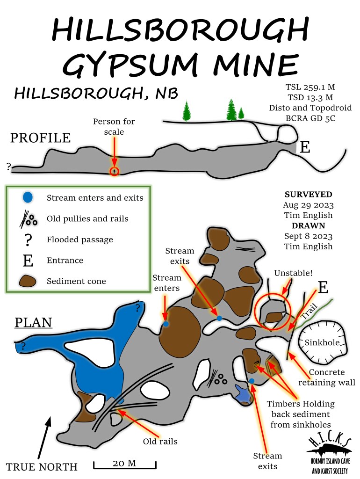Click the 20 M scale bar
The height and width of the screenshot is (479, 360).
coord(124,465)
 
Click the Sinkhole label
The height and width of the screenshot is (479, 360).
coord(322,342)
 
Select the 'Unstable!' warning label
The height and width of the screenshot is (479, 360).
coord(293,272)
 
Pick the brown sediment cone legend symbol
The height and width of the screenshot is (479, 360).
coord(29,281)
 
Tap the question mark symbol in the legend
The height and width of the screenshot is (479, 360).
coord(28,239)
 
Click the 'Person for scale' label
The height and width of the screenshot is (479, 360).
coord(114,127)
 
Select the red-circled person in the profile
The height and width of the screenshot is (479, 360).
coord(114,171)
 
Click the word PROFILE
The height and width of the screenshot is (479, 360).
coord(41,138)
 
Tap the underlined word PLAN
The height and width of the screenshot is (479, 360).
coord(33,323)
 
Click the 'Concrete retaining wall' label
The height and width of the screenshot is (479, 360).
coord(327,377)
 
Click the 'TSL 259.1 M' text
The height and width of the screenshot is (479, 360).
coord(310,87)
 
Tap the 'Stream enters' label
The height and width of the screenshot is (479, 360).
coord(166,283)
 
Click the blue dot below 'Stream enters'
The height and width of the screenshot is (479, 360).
coord(166,324)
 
